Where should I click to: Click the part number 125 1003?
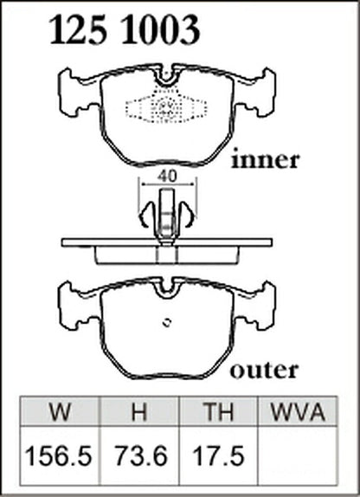pos(125,30)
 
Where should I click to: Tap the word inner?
pos(266,160)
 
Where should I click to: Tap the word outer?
pos(264,370)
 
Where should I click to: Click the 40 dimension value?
pos(167,177)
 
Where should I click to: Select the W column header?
pos(60,411)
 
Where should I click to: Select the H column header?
pos(139,411)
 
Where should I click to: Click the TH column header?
pos(219,411)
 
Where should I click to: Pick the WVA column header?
pos(298,411)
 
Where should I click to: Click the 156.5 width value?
pos(58,455)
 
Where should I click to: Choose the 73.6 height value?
pos(141,455)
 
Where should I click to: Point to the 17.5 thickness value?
pos(219,455)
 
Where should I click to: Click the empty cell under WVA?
pos(297,455)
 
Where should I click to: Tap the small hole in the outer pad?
pos(167,322)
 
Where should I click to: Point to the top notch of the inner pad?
pos(167,76)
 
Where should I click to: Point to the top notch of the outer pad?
pos(167,288)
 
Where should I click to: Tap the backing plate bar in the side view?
pos(167,242)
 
